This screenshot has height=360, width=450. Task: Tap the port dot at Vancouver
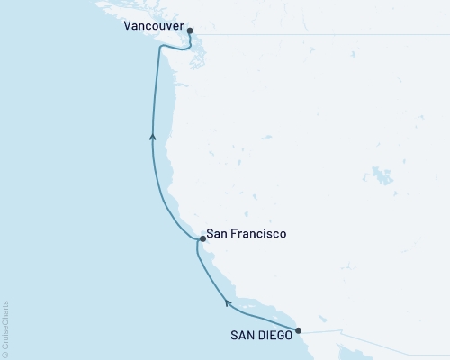click(x=190, y=30)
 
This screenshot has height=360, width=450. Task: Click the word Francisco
click(x=256, y=234)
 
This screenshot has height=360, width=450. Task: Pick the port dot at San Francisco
click(x=202, y=239)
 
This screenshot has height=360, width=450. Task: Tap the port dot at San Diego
click(x=299, y=330)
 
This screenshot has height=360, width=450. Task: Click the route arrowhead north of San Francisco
click(x=153, y=137)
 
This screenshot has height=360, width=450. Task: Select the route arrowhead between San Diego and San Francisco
click(x=228, y=304)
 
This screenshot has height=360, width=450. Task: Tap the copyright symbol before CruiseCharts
click(x=6, y=353)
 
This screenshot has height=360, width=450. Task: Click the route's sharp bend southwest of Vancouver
click(x=159, y=49)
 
